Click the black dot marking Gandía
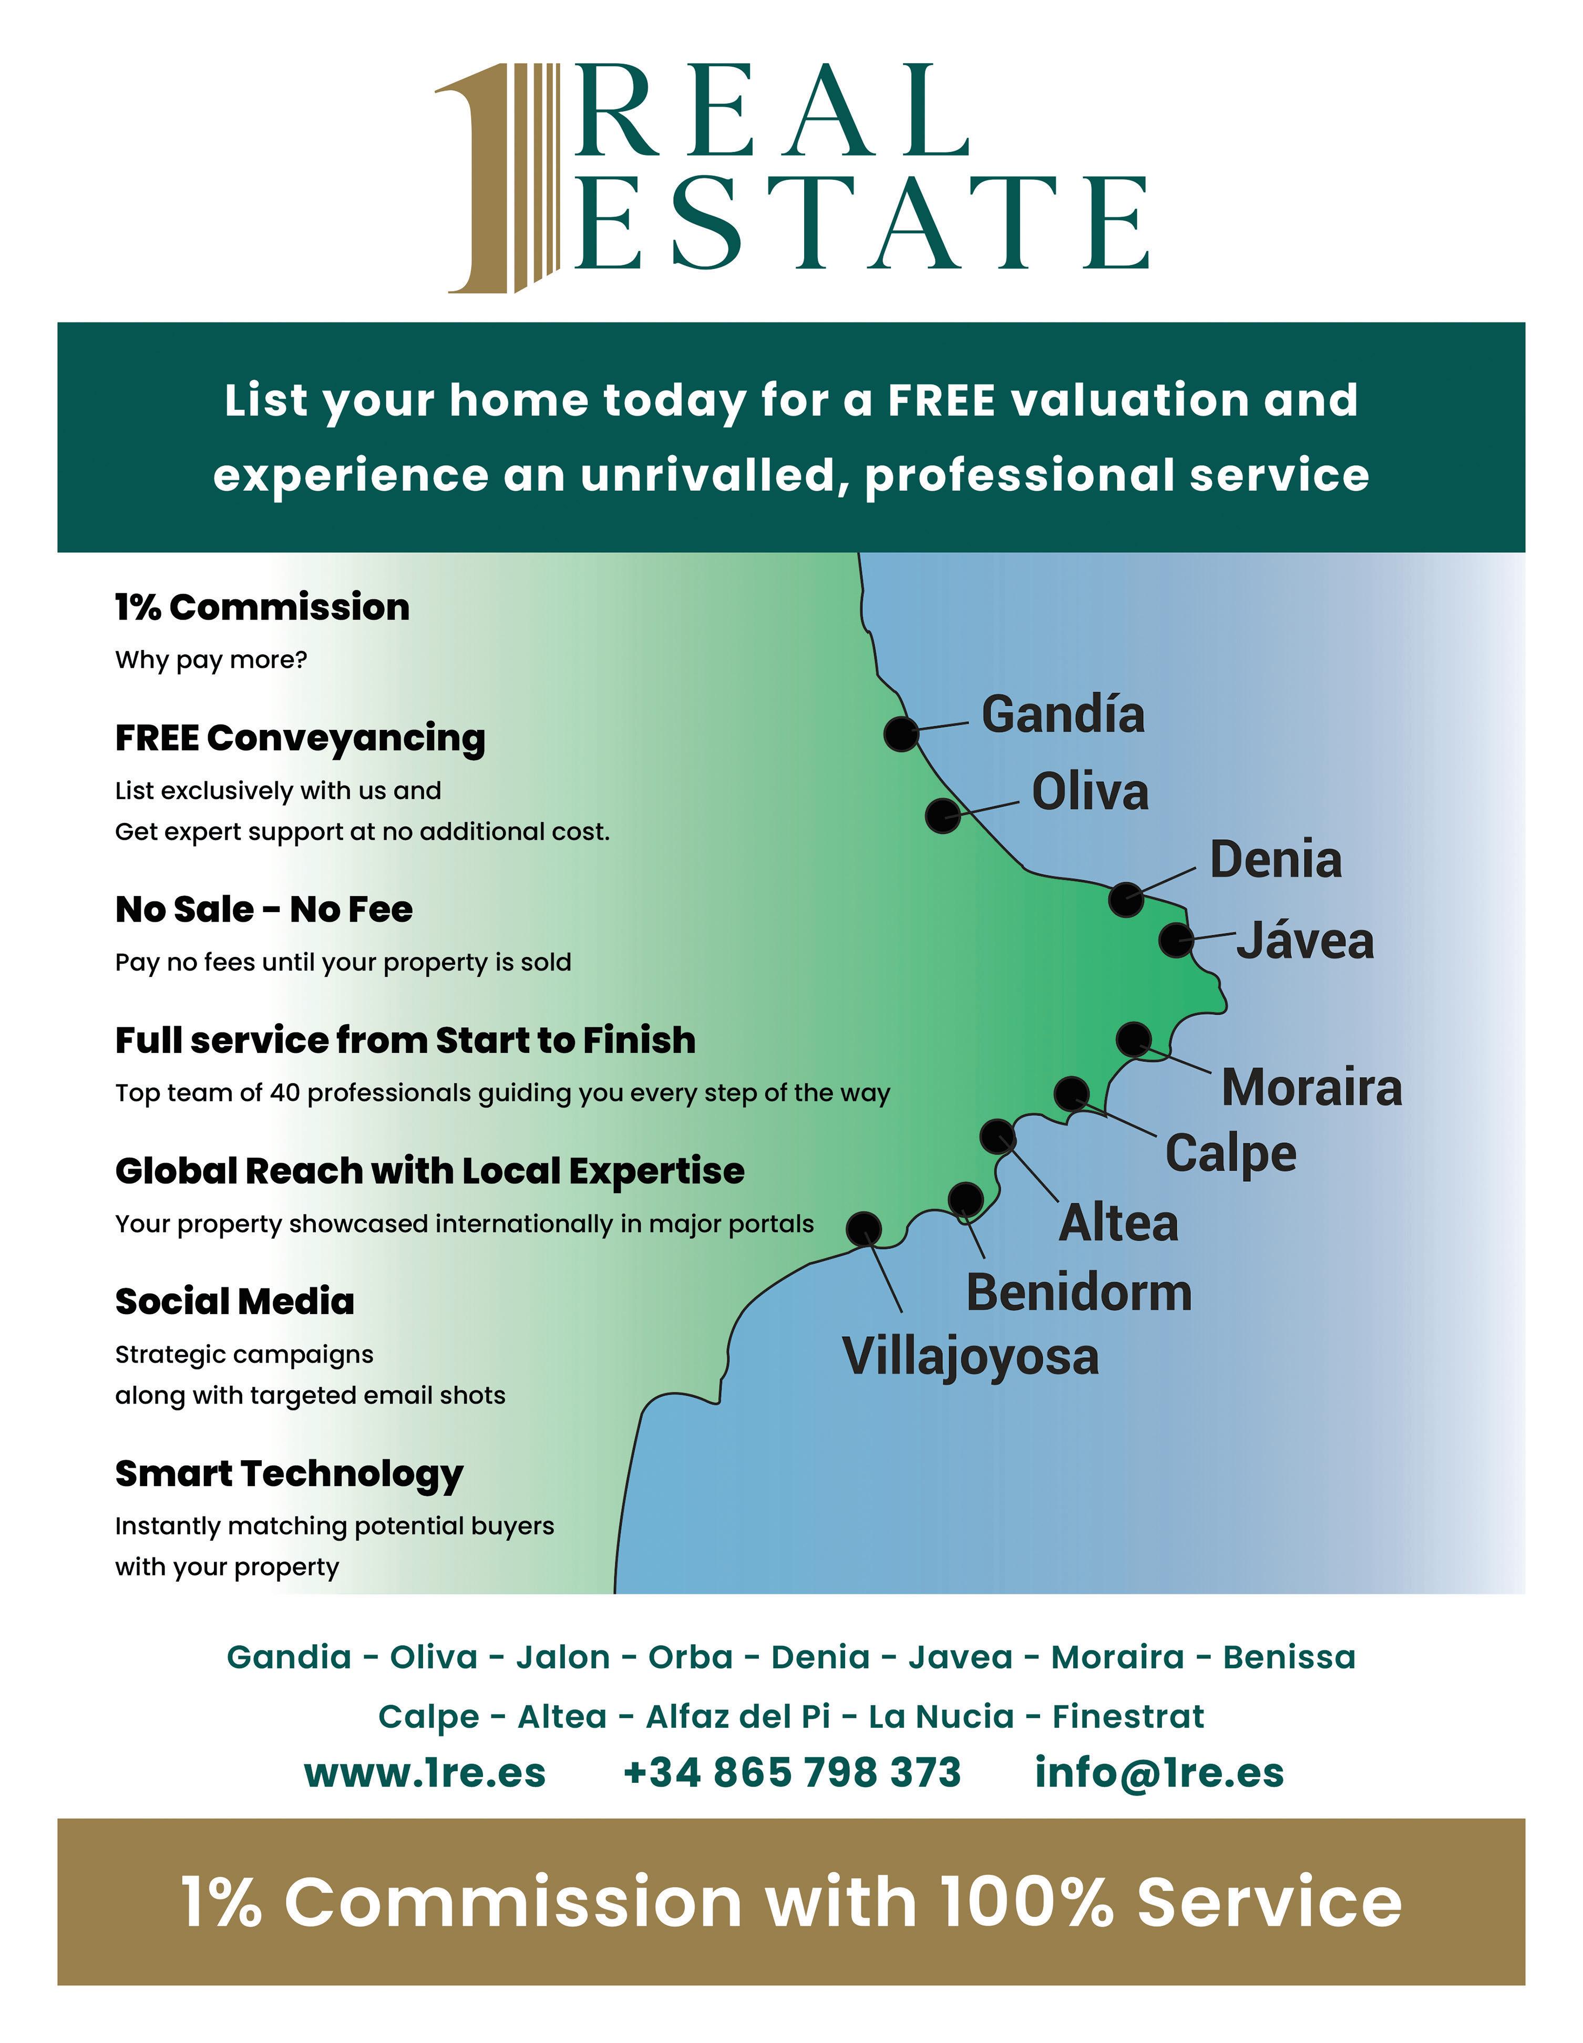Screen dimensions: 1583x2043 coord(901,734)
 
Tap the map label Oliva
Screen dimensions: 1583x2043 coord(1090,792)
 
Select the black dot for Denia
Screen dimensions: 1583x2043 coord(1126,899)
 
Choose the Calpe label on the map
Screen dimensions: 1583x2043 coord(1230,1153)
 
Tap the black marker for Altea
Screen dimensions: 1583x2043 coord(998,1137)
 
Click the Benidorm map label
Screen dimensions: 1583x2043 coord(1079,1293)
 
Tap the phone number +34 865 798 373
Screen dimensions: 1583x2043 coord(791,1773)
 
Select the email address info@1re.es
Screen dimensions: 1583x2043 coord(1159,1773)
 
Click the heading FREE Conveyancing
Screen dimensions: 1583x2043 coord(300,738)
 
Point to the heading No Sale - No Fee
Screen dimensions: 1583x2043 coord(264,909)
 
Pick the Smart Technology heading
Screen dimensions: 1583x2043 coord(289,1473)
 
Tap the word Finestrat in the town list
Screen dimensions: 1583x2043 coord(1128,1717)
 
